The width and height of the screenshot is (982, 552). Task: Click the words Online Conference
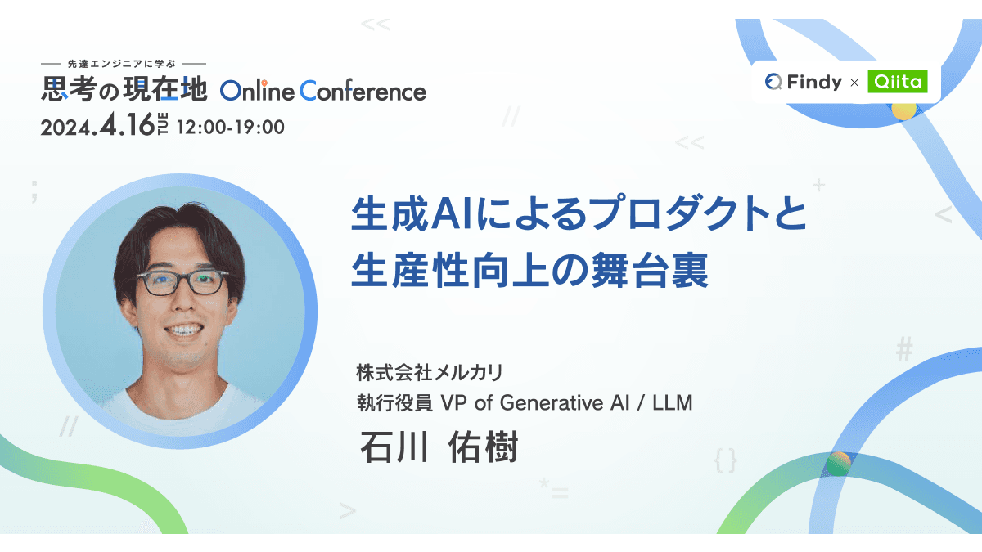pos(323,91)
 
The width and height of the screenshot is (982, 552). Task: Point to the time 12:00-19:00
pos(230,128)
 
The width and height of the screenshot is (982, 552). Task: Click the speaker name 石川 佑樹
pos(438,447)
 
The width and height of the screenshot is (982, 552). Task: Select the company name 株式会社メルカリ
pos(429,373)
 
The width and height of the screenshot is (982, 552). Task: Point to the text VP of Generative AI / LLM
pos(566,402)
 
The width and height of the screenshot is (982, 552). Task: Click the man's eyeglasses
pos(181,283)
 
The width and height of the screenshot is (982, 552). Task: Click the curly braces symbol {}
pos(725,460)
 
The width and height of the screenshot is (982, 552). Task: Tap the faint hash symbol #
pos(903,350)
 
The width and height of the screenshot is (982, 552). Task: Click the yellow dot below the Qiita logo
pos(903,110)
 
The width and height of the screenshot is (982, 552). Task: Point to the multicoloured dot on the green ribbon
pos(838,464)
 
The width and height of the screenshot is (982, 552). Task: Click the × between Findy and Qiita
pos(854,83)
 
